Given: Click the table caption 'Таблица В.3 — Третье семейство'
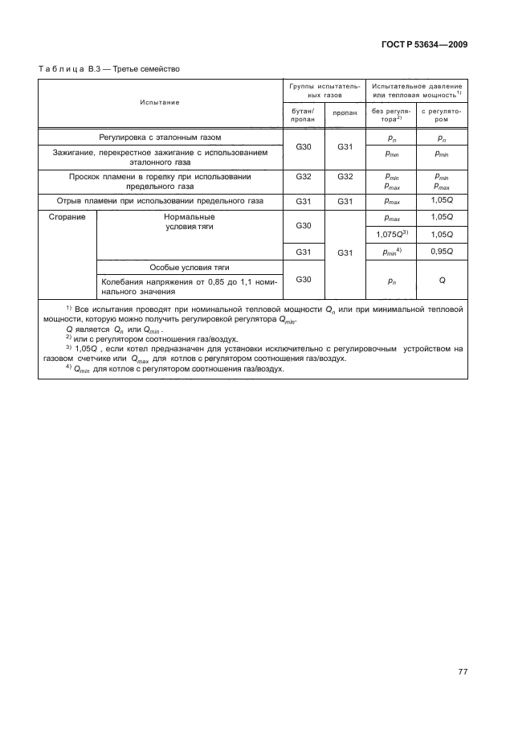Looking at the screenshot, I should click(109, 68).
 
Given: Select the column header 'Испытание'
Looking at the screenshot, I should click(159, 102).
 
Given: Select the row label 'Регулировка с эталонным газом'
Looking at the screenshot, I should click(159, 137).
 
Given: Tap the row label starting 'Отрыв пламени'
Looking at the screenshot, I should click(159, 201).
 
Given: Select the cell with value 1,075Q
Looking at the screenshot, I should click(392, 234).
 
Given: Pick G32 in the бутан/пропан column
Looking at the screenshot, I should click(304, 176).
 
